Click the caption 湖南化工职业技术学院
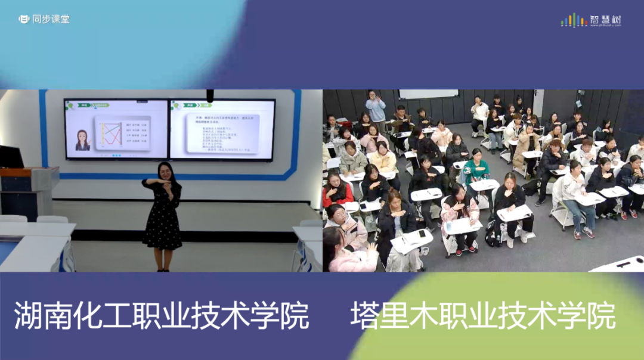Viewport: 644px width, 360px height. pos(162,316)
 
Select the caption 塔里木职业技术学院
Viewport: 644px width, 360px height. pos(482,316)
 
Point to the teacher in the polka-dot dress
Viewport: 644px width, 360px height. pos(162,215)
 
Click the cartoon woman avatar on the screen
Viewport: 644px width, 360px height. pos(82,140)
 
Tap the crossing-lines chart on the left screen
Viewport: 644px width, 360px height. pos(110,133)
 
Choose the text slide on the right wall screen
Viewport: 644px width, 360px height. pos(222,129)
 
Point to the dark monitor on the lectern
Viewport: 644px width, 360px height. pos(11,157)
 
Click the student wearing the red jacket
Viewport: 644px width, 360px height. pos(337,191)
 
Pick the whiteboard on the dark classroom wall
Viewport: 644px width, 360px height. pos(428,94)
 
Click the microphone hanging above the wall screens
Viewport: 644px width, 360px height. pos(210,95)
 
